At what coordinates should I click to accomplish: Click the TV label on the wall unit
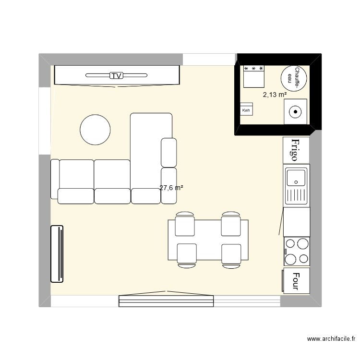pyautogui.click(x=116, y=75)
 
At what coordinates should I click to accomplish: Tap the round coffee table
pyautogui.click(x=95, y=129)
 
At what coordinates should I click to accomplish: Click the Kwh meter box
pyautogui.click(x=246, y=110)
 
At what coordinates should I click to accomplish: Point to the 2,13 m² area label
pyautogui.click(x=274, y=94)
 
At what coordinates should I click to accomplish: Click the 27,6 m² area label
pyautogui.click(x=171, y=188)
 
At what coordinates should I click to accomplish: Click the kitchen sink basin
pyautogui.click(x=296, y=177)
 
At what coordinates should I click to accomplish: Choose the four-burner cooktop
pyautogui.click(x=296, y=251)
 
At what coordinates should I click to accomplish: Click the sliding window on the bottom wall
pyautogui.click(x=166, y=300)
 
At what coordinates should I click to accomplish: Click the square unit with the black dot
pyautogui.click(x=295, y=112)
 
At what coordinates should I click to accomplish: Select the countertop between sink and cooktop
pyautogui.click(x=296, y=222)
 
